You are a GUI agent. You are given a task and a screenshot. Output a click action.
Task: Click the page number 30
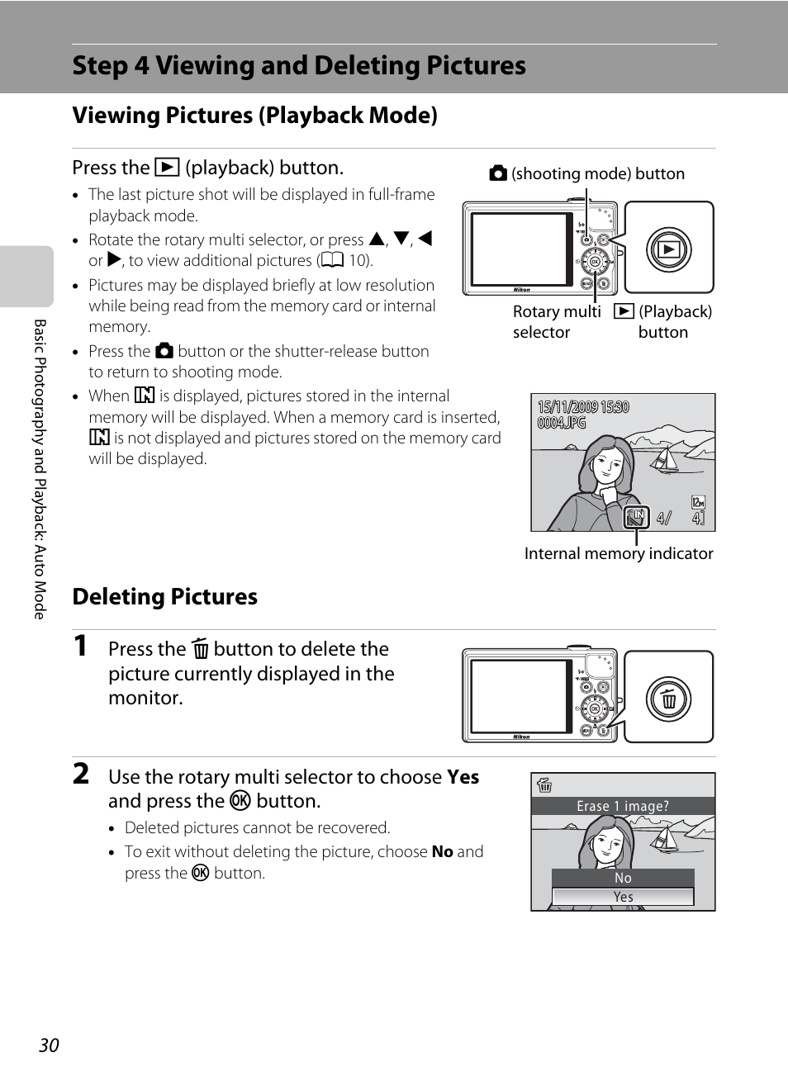(49, 1045)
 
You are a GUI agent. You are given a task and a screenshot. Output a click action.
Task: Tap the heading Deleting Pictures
(164, 596)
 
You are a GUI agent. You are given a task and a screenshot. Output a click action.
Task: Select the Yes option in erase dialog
(623, 897)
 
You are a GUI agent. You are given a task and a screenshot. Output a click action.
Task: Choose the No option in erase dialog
(623, 878)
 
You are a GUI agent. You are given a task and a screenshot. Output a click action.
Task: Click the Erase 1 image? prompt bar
(623, 806)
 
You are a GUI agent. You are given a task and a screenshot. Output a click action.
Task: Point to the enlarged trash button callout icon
(669, 699)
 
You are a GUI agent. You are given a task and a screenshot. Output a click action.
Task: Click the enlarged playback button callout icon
(669, 249)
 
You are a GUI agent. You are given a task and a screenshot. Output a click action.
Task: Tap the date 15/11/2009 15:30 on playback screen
(583, 407)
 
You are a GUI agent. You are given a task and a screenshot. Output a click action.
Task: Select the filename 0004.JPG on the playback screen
(562, 423)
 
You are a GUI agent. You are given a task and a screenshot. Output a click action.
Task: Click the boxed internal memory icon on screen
(636, 517)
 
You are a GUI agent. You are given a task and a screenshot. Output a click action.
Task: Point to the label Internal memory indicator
(619, 553)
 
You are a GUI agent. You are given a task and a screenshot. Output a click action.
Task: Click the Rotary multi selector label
(557, 322)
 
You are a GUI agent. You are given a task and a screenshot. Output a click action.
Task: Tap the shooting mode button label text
(598, 173)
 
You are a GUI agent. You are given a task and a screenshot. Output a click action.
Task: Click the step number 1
(80, 646)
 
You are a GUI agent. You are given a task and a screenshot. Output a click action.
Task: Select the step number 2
(81, 774)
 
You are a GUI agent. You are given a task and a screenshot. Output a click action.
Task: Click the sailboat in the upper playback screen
(664, 460)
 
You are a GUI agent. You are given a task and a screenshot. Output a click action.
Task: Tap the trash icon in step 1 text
(200, 648)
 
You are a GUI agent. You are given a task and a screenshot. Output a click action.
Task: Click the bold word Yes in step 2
(463, 776)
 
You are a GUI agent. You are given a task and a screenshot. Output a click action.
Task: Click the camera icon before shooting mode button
(498, 173)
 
